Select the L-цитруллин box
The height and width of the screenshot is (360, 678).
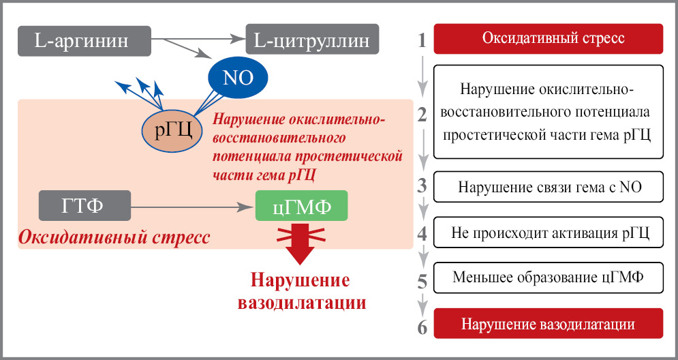312,41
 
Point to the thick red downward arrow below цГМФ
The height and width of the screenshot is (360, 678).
300,244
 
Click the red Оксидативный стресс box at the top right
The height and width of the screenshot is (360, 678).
548,38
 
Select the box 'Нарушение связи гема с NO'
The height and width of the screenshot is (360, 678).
548,186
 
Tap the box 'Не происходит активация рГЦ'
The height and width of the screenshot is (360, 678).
548,233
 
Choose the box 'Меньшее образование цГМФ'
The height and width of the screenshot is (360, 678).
548,279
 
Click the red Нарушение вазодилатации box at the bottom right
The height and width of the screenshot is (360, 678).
548,323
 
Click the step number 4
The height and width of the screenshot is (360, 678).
422,235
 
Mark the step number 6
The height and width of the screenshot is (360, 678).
422,327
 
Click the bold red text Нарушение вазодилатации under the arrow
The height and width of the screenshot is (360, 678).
301,291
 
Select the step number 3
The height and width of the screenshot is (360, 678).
422,185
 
